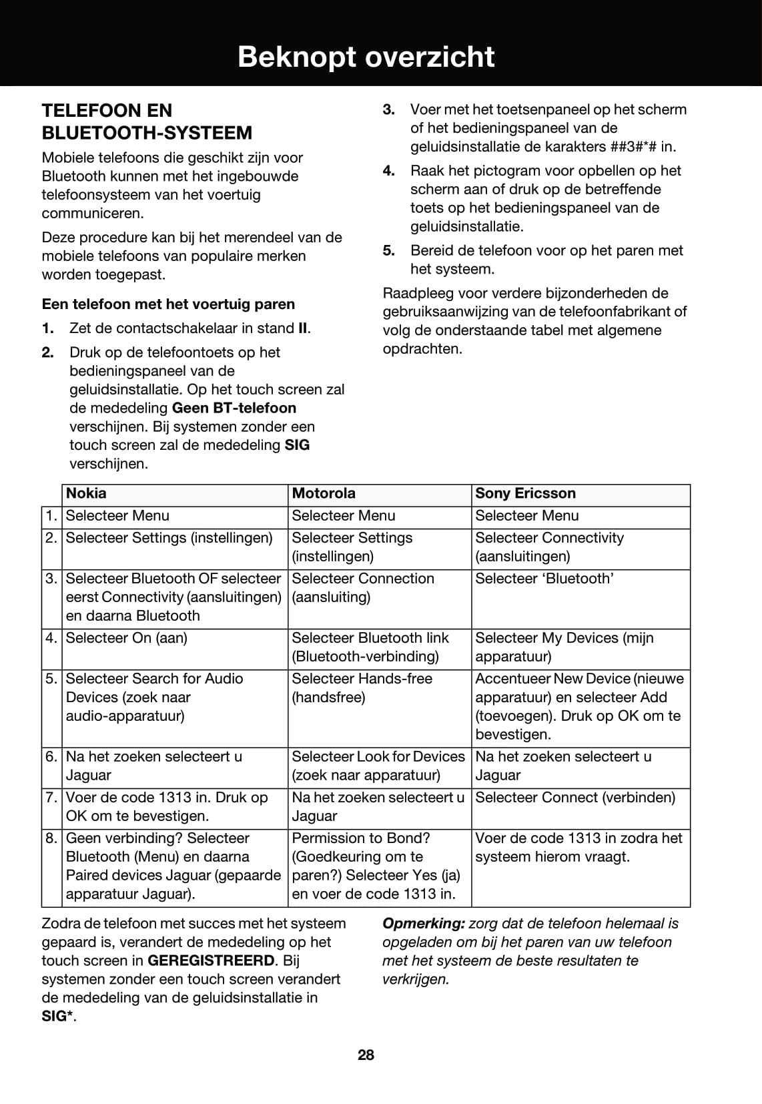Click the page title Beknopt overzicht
pyautogui.click(x=366, y=57)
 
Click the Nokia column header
pyautogui.click(x=86, y=494)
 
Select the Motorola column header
pyautogui.click(x=324, y=494)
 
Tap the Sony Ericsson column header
pyautogui.click(x=525, y=494)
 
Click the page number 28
pyautogui.click(x=366, y=1055)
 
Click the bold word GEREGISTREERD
pyautogui.click(x=211, y=961)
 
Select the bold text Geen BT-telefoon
pyautogui.click(x=234, y=408)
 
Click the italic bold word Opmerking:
pyautogui.click(x=423, y=924)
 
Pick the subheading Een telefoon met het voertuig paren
pyautogui.click(x=168, y=304)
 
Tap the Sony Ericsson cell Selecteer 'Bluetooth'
pyautogui.click(x=544, y=579)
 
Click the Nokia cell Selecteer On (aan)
pyautogui.click(x=127, y=638)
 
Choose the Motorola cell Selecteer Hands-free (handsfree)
pyautogui.click(x=362, y=687)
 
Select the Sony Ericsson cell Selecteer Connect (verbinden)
pyautogui.click(x=575, y=798)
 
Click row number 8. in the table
pyautogui.click(x=51, y=838)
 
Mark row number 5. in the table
pyautogui.click(x=51, y=679)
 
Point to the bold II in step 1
pyautogui.click(x=303, y=328)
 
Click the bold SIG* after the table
pyautogui.click(x=57, y=1017)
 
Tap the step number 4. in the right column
pyautogui.click(x=389, y=171)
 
